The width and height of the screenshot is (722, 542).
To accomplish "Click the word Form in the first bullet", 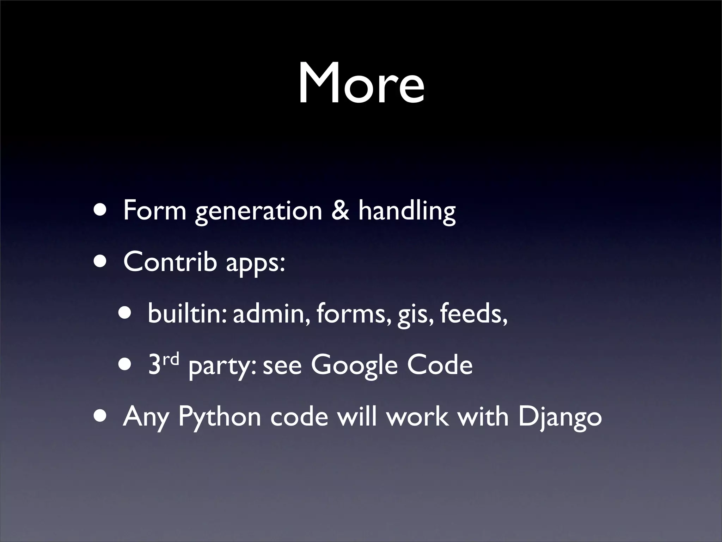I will pos(154,210).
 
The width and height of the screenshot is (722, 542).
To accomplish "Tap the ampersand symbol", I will pos(340,210).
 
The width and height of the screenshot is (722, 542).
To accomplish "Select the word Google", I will pos(354,366).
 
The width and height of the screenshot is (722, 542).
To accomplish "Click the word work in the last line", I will pos(417,416).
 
